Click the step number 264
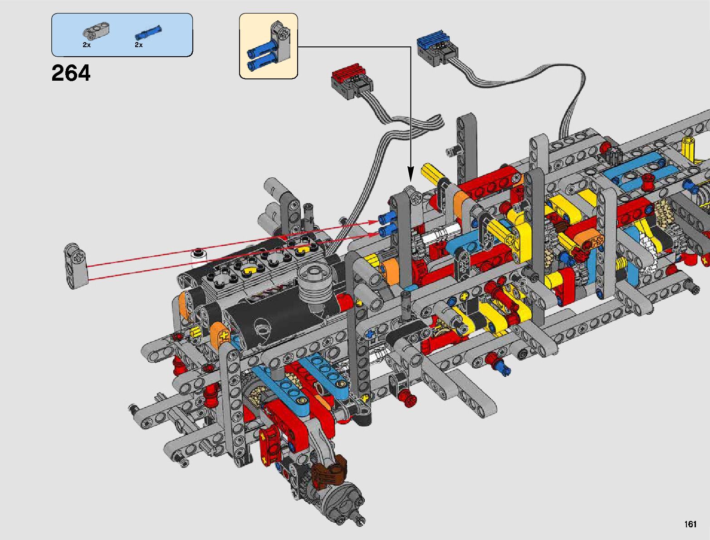click(71, 73)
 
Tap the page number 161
click(690, 524)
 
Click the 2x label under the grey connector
click(87, 45)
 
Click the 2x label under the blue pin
click(139, 45)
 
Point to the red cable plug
click(352, 81)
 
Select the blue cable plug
click(437, 48)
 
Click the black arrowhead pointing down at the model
click(411, 175)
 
